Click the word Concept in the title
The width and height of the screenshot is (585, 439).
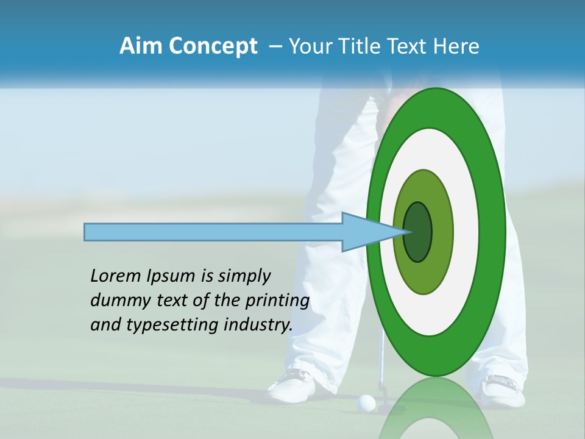[x=213, y=46]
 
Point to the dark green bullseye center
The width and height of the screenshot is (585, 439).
[x=418, y=232]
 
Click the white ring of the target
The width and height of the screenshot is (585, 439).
[x=469, y=232]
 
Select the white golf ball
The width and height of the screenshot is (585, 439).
[x=366, y=402]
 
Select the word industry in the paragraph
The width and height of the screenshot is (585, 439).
[x=258, y=325]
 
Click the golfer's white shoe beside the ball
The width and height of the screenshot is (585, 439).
[x=292, y=384]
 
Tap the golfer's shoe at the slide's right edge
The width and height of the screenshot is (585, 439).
[x=504, y=390]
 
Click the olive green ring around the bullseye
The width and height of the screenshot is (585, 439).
[x=442, y=232]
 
